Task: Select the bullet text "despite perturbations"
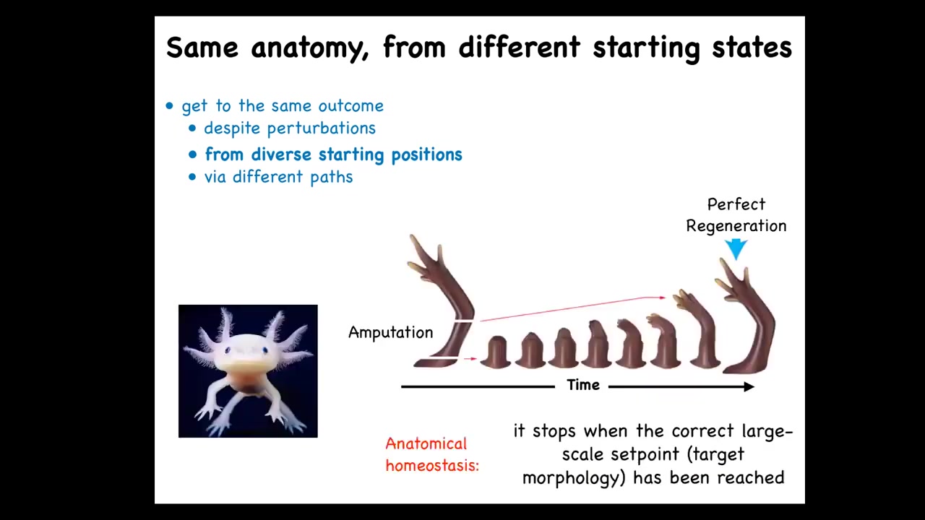290,129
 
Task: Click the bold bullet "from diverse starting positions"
334,155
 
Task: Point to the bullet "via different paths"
279,177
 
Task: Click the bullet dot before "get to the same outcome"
169,106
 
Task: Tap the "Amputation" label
391,332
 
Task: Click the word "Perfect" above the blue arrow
736,204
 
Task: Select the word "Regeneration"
736,226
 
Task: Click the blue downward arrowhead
736,249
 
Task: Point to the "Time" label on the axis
583,385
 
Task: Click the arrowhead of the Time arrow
749,386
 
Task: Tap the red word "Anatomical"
426,444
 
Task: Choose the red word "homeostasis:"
432,466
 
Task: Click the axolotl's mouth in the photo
247,364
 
